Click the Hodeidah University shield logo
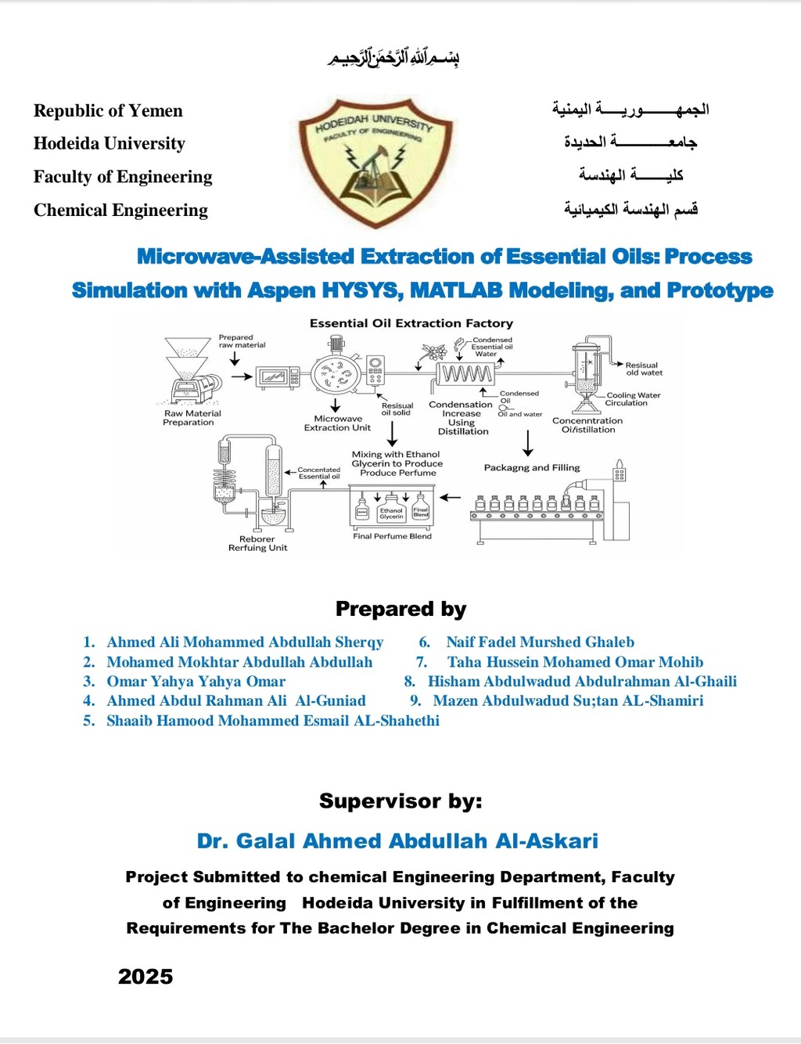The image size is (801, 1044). tap(376, 161)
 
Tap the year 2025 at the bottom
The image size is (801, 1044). tap(145, 976)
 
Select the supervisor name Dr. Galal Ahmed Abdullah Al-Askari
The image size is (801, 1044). tap(397, 841)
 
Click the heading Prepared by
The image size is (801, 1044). tap(400, 608)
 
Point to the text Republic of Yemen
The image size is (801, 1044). tap(108, 110)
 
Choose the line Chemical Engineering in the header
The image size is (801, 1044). tap(120, 210)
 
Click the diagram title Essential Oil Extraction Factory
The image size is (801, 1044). tap(411, 323)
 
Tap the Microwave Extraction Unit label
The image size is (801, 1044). tap(337, 423)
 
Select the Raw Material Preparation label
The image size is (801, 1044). tap(192, 418)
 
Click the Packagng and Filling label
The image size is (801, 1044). tap(532, 467)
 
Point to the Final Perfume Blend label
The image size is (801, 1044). tap(392, 536)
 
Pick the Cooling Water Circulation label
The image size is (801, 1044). tap(633, 399)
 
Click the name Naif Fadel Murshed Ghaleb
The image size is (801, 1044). tap(540, 642)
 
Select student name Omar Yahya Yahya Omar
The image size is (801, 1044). tap(196, 681)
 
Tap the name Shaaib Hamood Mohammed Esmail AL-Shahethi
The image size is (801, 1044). tap(272, 720)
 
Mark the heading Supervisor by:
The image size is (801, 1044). tap(400, 801)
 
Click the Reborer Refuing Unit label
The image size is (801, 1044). tap(257, 543)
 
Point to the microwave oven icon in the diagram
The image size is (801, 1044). tap(277, 377)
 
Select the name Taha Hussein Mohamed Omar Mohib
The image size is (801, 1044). tap(575, 661)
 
